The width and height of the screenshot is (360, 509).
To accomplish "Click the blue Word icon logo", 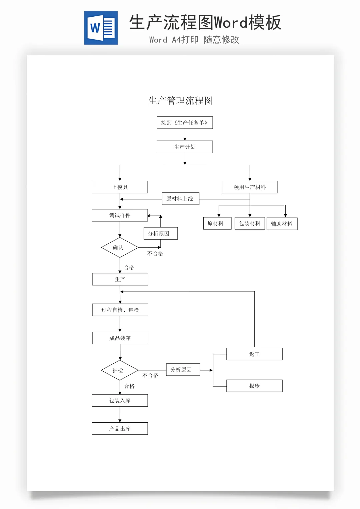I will pos(101,28).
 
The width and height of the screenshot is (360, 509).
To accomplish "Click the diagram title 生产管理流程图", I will pos(180,101).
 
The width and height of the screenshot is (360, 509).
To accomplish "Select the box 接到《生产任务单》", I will pos(185,123).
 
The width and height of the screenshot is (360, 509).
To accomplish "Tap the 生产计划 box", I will pos(185,147).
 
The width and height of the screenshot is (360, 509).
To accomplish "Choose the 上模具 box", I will pos(120,187).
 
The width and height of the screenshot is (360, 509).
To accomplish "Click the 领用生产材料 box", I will pos(250,187).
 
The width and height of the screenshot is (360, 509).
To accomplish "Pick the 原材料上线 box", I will pos(180,199).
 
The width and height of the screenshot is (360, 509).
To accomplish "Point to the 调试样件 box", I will pos(120,215).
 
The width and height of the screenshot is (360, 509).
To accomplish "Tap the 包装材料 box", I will pos(250,223).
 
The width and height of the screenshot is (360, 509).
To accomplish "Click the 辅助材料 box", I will pos(282,224).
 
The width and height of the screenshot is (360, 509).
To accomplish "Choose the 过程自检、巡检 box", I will pos(120,310).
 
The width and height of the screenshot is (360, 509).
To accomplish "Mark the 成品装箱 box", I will pos(120,338).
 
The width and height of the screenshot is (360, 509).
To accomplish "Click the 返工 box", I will pos(254,354).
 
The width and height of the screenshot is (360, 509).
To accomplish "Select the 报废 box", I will pos(254,386).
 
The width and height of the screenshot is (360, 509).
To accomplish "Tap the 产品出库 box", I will pos(120,429).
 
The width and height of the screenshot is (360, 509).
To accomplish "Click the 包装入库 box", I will pos(120,401).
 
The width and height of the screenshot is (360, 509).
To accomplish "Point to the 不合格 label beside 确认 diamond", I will pos(155,254).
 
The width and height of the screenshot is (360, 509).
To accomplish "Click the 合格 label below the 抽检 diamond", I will pos(129,386).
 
